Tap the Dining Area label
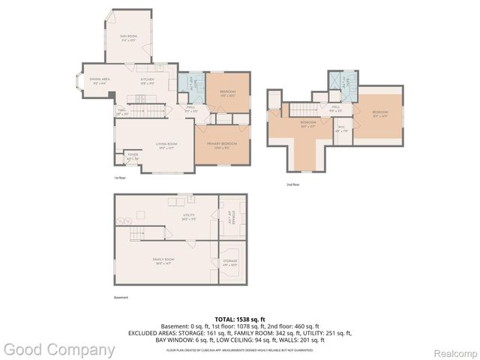100,80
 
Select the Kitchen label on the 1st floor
147,80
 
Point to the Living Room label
166,146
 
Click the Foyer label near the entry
132,157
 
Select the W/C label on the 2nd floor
341,127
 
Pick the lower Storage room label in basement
229,262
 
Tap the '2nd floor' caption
292,184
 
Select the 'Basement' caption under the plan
121,298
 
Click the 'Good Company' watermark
58,349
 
